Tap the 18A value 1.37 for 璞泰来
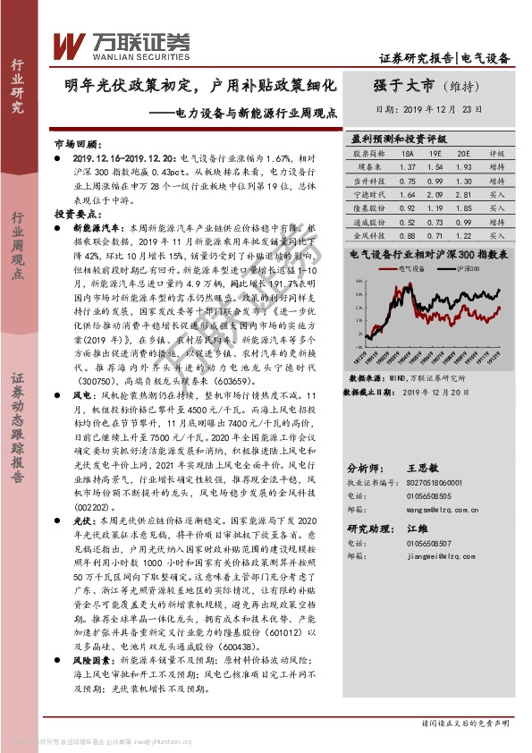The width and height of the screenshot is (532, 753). pyautogui.click(x=409, y=166)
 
